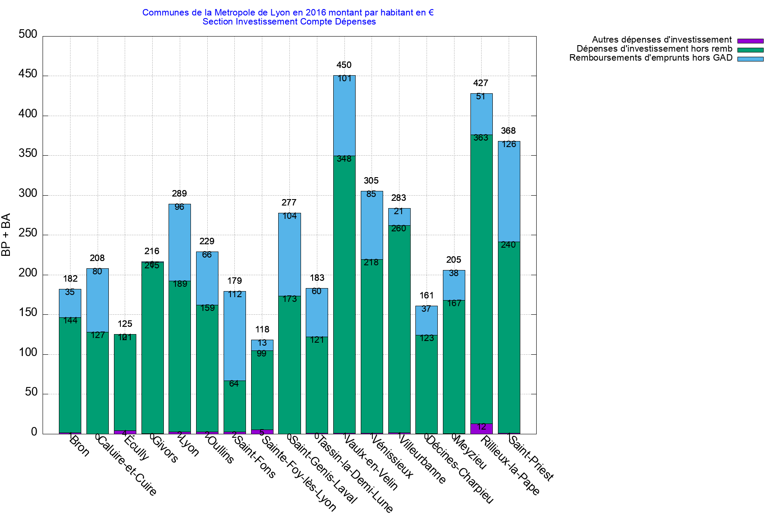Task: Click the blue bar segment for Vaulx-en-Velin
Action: point(344,116)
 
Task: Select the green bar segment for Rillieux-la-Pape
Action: point(481,279)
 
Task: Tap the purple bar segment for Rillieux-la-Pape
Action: point(481,429)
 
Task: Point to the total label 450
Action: point(344,65)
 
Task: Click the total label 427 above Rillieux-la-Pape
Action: point(481,83)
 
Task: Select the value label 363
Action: point(481,138)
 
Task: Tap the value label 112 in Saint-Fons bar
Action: point(235,294)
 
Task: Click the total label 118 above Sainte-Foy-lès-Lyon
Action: point(262,329)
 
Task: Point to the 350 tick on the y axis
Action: point(28,154)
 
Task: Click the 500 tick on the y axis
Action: point(28,34)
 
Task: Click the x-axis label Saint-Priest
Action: point(531,458)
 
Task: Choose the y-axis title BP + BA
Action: point(6,235)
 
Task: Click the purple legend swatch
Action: point(750,41)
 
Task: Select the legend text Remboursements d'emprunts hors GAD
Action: point(651,58)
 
